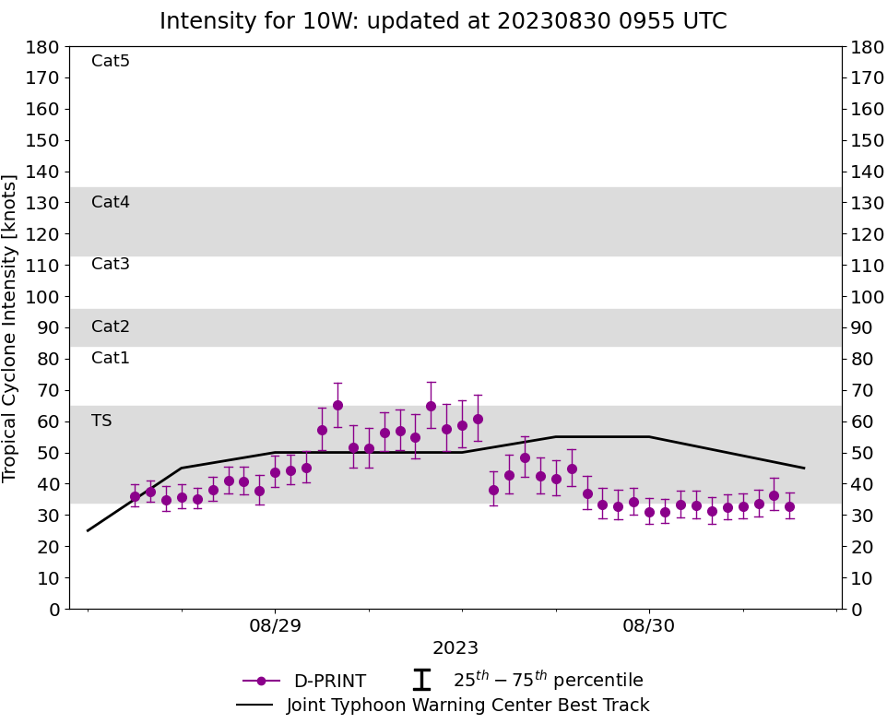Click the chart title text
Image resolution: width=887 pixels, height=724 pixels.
click(x=443, y=21)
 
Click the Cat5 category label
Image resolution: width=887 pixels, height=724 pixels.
click(x=111, y=62)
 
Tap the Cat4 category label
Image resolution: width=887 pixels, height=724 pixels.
click(x=111, y=202)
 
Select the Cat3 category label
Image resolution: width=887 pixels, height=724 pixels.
click(x=111, y=265)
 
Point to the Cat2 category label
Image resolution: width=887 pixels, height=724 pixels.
click(x=111, y=326)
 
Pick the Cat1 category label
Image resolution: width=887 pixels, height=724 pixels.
click(x=111, y=358)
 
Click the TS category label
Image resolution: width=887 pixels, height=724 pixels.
click(x=101, y=421)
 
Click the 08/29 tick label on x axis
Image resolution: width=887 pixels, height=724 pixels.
click(x=275, y=626)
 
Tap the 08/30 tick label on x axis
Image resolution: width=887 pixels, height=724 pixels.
click(x=649, y=626)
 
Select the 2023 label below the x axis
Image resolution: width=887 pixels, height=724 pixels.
click(x=455, y=648)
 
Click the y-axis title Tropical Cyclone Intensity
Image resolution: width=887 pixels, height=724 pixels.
click(x=11, y=327)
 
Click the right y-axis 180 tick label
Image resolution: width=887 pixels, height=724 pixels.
click(x=866, y=47)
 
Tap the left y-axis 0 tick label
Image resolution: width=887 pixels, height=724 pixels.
click(x=54, y=610)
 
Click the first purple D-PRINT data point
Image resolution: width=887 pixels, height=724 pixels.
click(x=135, y=496)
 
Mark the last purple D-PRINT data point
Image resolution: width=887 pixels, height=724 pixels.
click(x=789, y=506)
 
